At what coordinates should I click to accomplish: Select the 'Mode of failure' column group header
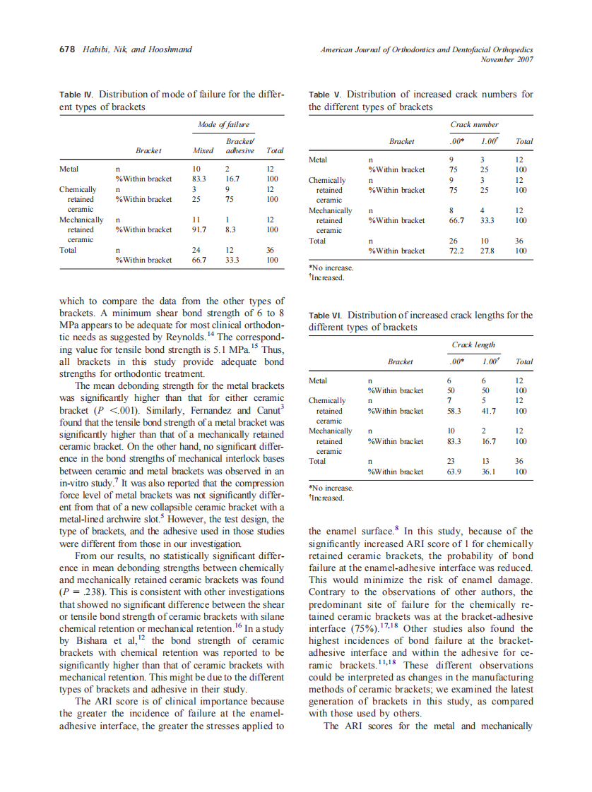pyautogui.click(x=223, y=124)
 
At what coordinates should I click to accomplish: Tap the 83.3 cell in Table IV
pyautogui.click(x=199, y=179)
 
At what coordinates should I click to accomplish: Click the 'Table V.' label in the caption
pyautogui.click(x=325, y=94)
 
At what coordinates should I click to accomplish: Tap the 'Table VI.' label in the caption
pyautogui.click(x=326, y=316)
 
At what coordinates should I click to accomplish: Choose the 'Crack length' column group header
pyautogui.click(x=473, y=344)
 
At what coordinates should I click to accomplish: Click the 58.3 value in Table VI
pyautogui.click(x=454, y=411)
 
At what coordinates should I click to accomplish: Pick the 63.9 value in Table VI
pyautogui.click(x=454, y=472)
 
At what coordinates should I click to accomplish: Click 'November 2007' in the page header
pyautogui.click(x=507, y=59)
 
